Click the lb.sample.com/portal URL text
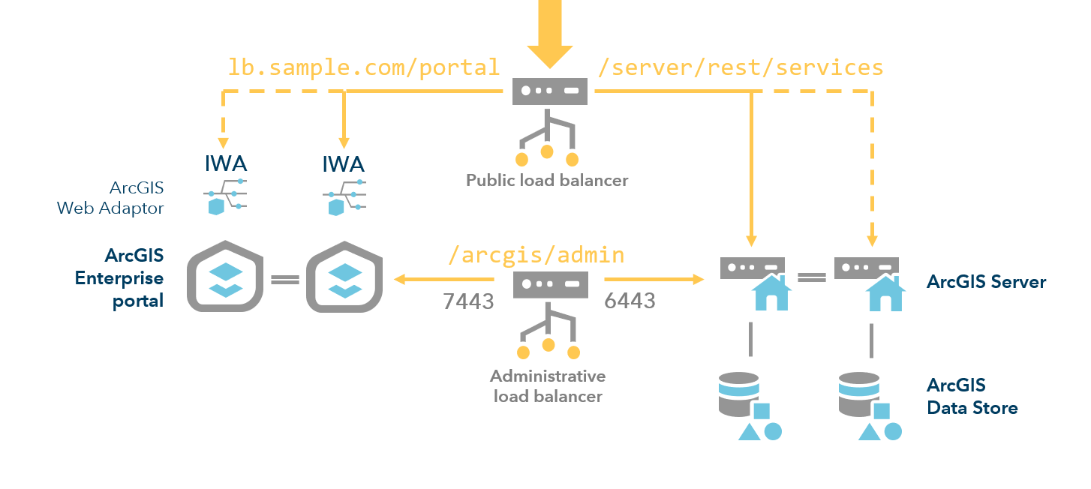364,67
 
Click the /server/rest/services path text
740,67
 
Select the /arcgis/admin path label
536,254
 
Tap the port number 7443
468,301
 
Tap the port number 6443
630,301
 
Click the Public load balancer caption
547,180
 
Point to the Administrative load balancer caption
548,385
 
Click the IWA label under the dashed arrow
226,163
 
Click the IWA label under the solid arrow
344,163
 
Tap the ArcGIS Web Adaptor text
110,198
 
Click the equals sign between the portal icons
284,280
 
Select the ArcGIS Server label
986,282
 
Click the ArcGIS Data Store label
972,397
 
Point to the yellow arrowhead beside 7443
401,280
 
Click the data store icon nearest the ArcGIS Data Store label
869,405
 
